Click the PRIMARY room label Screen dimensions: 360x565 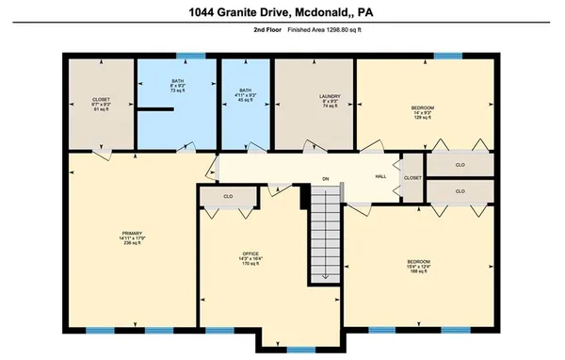click(131, 232)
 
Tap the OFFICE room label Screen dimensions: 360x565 click(250, 253)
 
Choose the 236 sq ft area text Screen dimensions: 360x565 click(131, 243)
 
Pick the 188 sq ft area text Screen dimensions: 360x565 click(419, 271)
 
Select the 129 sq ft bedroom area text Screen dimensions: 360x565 click(422, 119)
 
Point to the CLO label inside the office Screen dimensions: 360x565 click(229, 197)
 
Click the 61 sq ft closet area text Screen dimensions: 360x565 click(101, 110)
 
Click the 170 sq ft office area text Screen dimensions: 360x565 click(250, 265)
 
